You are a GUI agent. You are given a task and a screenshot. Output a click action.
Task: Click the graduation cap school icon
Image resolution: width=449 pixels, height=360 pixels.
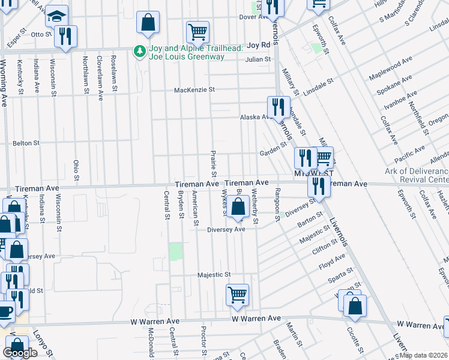[57, 16]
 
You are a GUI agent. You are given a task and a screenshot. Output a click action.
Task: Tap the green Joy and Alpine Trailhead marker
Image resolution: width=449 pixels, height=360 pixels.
[140, 52]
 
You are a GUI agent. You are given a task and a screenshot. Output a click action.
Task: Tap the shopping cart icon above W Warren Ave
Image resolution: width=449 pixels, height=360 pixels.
[237, 295]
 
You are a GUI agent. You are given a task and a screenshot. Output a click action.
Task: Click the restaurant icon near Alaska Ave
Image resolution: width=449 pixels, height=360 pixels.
[279, 107]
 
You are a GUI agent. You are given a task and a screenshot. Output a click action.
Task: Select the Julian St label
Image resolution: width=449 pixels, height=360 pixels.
[258, 59]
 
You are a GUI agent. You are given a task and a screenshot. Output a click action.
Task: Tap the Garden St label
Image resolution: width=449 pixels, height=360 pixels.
[273, 153]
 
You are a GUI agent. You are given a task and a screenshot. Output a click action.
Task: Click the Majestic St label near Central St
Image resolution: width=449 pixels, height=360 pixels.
[214, 275]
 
